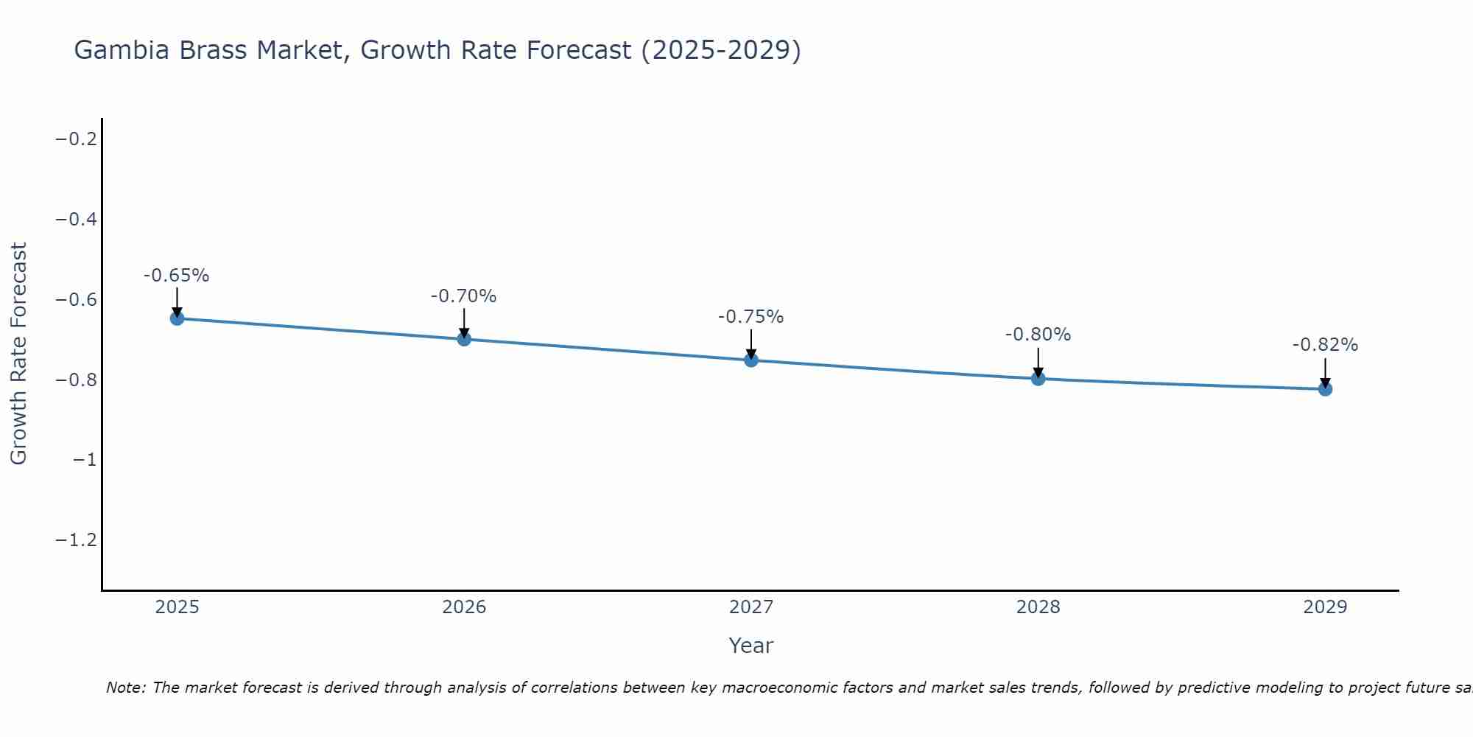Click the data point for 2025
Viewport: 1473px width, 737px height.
tap(177, 318)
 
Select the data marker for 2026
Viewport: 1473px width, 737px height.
tap(464, 339)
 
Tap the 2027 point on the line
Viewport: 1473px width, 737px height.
tap(751, 360)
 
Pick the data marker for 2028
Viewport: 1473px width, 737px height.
tap(1038, 379)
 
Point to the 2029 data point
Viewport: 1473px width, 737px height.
tap(1325, 388)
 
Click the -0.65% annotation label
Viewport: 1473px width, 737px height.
tap(176, 276)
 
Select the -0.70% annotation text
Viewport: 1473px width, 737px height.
tap(463, 296)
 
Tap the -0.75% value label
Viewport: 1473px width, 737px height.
tap(750, 317)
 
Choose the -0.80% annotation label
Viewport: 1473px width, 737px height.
tap(1038, 335)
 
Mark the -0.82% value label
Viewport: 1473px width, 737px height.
tap(1325, 345)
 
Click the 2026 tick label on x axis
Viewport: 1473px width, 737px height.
tap(464, 607)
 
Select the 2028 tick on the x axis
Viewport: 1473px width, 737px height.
tap(1038, 607)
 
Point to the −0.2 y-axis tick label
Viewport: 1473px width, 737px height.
tap(77, 139)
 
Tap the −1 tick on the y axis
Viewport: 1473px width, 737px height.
tap(85, 461)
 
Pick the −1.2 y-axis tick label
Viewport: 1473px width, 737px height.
tap(77, 541)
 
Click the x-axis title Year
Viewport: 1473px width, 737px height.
tap(750, 646)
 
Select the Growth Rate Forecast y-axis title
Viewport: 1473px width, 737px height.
tap(18, 353)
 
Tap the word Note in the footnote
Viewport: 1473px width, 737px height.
tap(125, 688)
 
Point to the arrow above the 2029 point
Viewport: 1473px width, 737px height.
tap(1325, 372)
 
